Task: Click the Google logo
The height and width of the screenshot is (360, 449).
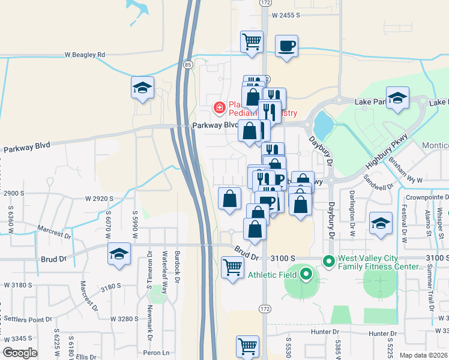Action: point(20,353)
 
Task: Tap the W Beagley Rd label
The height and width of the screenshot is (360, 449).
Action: point(85,55)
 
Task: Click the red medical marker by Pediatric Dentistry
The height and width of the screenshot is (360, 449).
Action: point(220,108)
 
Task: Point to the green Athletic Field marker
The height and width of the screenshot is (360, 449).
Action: point(306,275)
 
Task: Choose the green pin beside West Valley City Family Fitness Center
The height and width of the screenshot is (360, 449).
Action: point(328,262)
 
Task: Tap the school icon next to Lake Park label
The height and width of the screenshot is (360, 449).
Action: point(397,100)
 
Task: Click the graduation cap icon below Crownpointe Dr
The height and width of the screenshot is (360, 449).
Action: point(381,224)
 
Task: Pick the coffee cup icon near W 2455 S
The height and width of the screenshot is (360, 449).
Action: point(286,46)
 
